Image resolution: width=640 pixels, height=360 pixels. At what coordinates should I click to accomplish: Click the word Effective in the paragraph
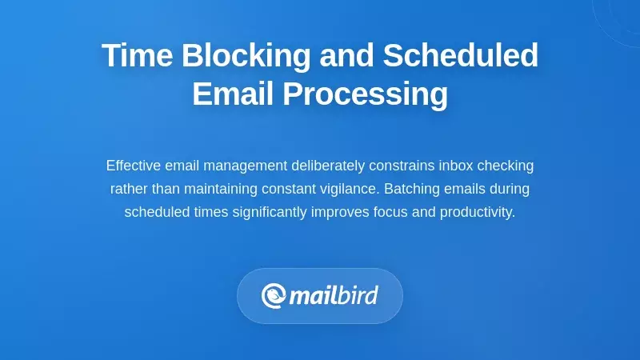point(134,166)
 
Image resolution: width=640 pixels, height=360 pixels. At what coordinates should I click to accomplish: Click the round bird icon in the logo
point(274,296)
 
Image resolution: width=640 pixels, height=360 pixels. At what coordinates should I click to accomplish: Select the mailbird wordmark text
point(333,296)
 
